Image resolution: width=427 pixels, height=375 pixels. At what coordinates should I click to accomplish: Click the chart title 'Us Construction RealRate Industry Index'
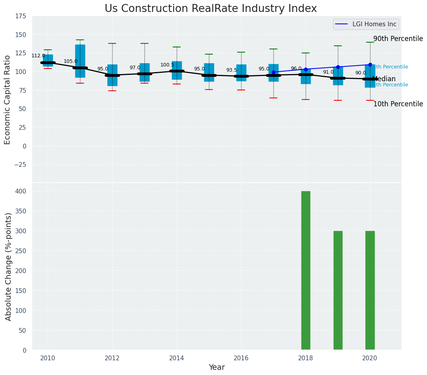click(211, 9)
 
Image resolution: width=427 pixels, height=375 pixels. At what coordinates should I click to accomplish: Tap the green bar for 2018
click(306, 271)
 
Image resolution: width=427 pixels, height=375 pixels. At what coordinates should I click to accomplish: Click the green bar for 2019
click(338, 291)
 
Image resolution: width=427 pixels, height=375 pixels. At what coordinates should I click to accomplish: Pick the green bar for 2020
click(370, 291)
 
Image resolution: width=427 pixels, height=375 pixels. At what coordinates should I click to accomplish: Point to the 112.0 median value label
click(38, 56)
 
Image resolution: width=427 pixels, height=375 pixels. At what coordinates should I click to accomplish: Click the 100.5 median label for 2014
click(167, 65)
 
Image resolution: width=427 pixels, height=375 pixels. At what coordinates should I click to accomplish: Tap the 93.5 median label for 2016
click(232, 70)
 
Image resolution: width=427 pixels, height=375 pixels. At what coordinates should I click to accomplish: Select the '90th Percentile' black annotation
click(398, 39)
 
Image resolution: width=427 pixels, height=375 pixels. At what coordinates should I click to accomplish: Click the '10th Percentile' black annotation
click(398, 104)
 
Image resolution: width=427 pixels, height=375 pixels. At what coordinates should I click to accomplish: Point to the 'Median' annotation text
click(384, 79)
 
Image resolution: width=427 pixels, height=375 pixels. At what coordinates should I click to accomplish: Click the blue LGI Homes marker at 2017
click(273, 72)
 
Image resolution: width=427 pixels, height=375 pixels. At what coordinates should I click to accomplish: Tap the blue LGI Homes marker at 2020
click(370, 64)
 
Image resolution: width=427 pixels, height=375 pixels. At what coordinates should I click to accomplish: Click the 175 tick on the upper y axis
click(21, 16)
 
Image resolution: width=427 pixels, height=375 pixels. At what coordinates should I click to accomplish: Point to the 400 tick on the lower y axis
click(21, 191)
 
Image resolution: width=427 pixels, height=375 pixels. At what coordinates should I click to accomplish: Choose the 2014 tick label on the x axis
click(177, 358)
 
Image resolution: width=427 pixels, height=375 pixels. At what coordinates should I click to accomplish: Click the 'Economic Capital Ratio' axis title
click(8, 100)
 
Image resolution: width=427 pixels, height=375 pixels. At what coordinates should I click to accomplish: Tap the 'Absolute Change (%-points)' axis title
click(8, 267)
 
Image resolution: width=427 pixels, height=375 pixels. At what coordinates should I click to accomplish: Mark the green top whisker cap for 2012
click(112, 43)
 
